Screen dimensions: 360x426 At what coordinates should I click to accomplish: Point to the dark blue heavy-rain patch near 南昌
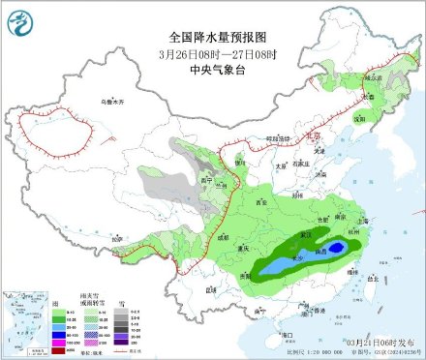click(x=334, y=250)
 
